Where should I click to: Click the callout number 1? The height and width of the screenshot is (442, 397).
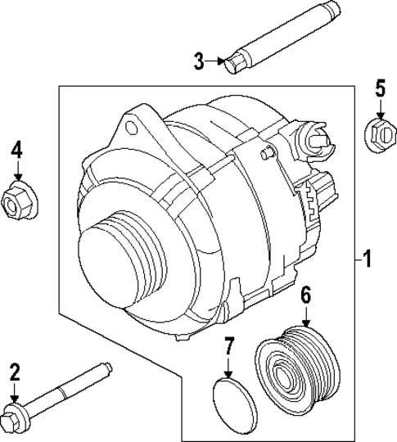[368, 260]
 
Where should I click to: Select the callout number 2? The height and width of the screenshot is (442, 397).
[14, 373]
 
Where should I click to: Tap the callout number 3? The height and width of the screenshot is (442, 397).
[198, 60]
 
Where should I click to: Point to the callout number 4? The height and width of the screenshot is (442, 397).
[16, 150]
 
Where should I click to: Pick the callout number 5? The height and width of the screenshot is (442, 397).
[379, 88]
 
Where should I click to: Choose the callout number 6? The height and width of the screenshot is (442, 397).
[306, 295]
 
